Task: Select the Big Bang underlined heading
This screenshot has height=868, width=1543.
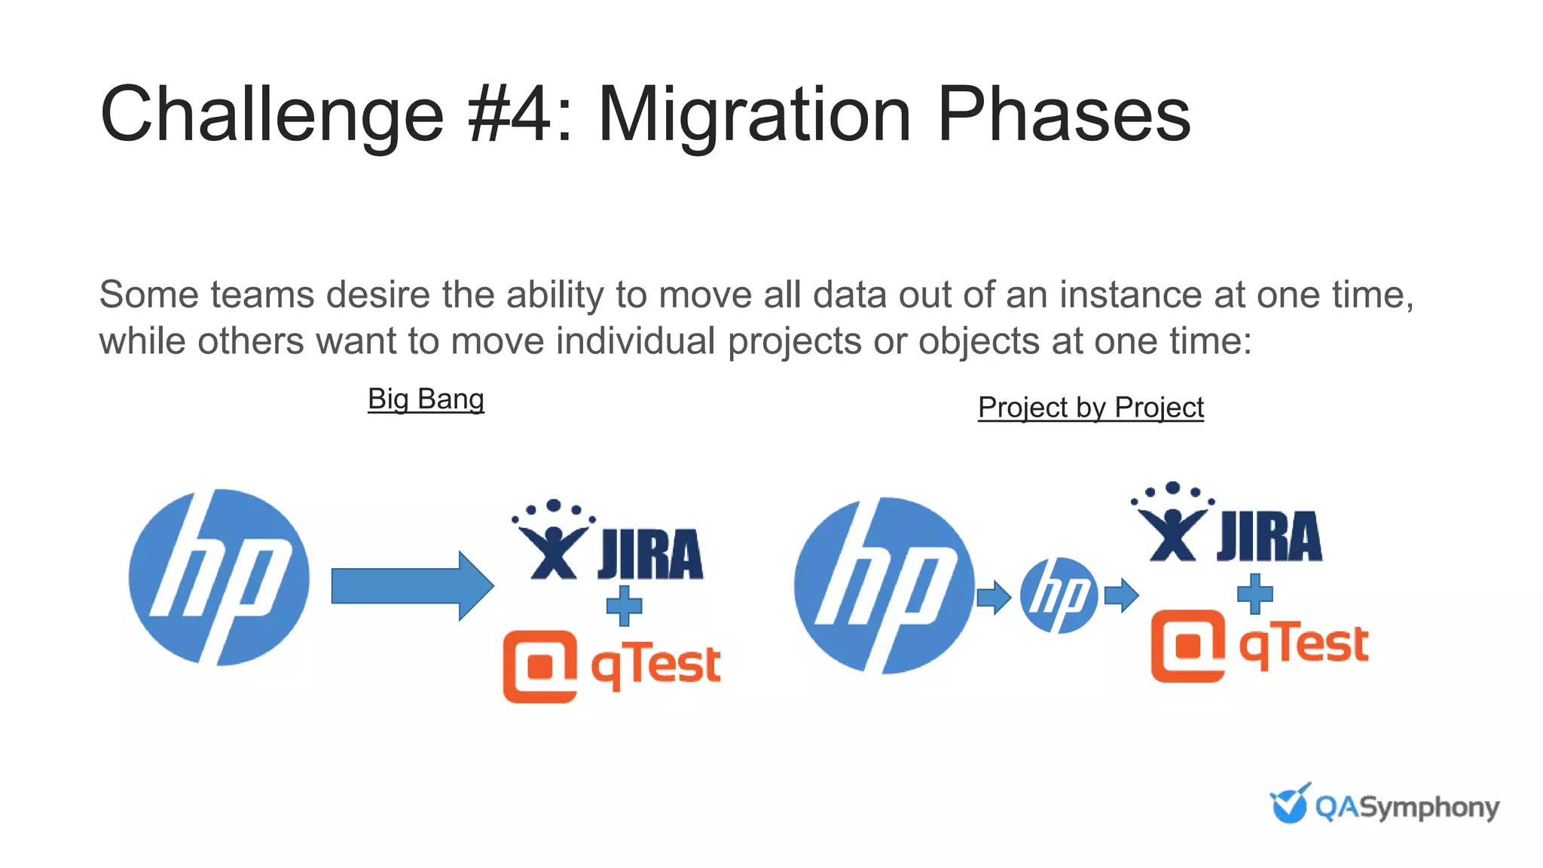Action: (x=426, y=399)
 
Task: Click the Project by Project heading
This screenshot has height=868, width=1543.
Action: (x=1090, y=408)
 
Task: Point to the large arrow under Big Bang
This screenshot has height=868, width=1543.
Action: (x=411, y=586)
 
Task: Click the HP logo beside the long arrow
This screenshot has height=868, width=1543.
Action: (x=218, y=577)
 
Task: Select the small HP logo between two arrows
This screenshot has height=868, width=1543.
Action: (x=1059, y=595)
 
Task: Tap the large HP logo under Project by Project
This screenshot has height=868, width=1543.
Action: (x=883, y=585)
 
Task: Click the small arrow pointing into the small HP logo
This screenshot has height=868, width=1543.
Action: (x=993, y=598)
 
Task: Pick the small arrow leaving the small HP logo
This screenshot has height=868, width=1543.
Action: (x=1121, y=595)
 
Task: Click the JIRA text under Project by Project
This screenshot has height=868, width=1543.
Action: (x=1270, y=537)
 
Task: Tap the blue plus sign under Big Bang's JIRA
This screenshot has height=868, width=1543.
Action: (x=624, y=605)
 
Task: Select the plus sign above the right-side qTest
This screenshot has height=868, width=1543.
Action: (x=1254, y=594)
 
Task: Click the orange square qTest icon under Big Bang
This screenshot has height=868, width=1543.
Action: (x=539, y=666)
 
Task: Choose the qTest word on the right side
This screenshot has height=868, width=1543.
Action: (x=1304, y=645)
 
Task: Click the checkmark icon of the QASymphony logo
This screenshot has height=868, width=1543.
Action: (x=1290, y=804)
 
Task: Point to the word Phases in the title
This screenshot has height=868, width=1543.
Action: (x=1064, y=115)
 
